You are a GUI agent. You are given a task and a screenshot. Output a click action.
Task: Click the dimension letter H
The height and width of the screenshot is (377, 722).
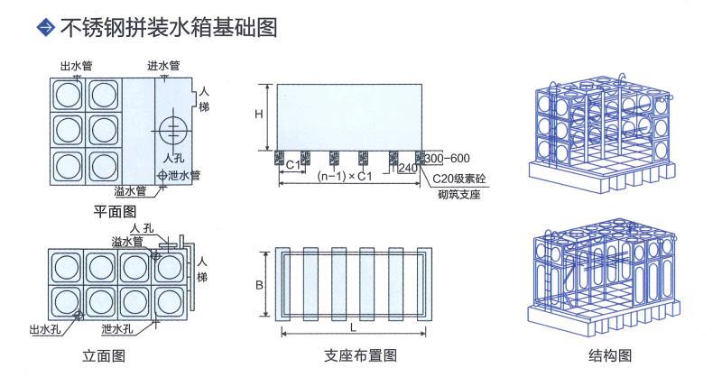258,115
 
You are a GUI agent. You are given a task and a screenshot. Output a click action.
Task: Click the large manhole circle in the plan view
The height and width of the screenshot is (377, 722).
172,126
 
